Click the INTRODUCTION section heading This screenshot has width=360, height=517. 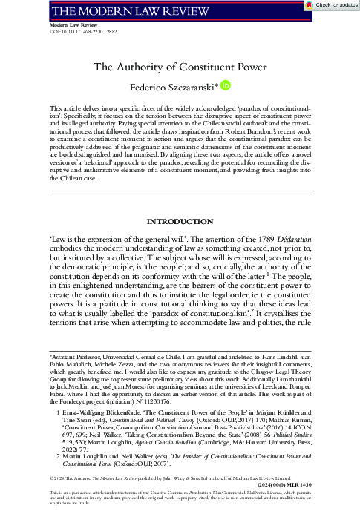pyautogui.click(x=179, y=222)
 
